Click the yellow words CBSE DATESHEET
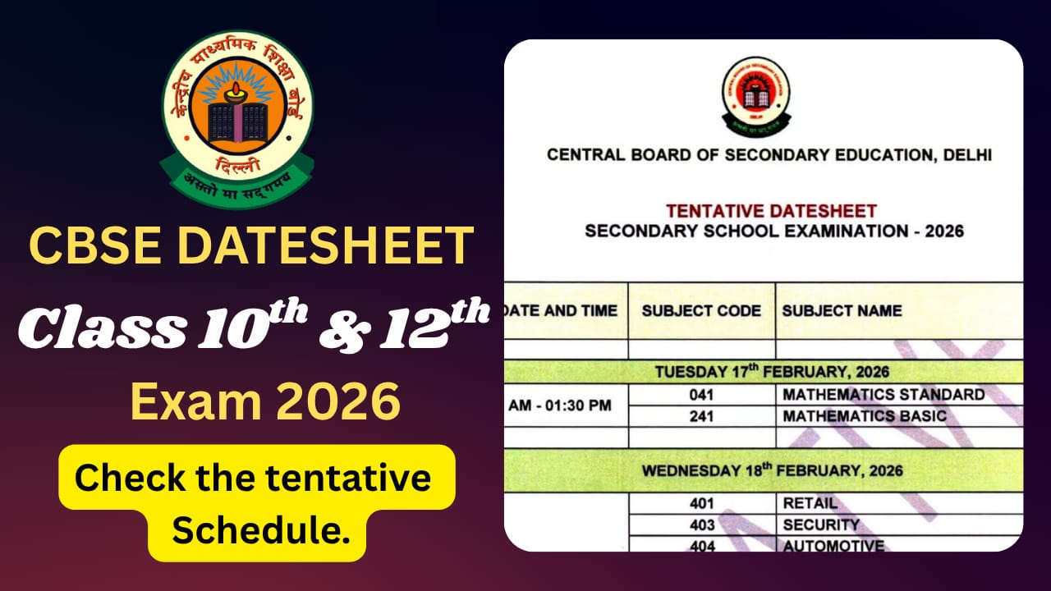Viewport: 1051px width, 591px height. point(251,245)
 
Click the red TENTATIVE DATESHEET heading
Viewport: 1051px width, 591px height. point(771,211)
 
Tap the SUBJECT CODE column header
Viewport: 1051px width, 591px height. point(701,311)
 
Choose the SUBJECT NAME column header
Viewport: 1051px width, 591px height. point(842,311)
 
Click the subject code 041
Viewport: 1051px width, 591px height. point(702,395)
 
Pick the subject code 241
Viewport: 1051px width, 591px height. point(702,416)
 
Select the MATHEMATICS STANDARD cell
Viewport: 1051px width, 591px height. point(883,395)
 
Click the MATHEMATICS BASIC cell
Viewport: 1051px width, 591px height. point(865,416)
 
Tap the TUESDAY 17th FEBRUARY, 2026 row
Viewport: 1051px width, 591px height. point(771,372)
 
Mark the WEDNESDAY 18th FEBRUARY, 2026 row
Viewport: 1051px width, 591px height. point(772,471)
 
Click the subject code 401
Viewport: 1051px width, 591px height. point(702,503)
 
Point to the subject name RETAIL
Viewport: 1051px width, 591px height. point(810,503)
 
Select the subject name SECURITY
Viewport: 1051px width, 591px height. point(821,525)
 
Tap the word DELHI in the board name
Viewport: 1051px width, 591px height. point(966,154)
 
